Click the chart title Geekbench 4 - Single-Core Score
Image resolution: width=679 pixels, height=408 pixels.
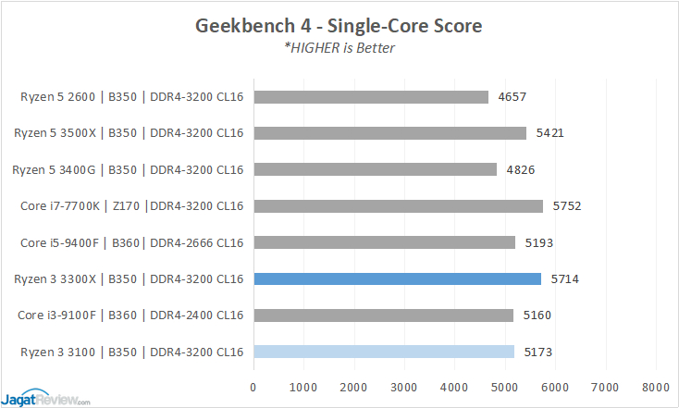[x=339, y=26]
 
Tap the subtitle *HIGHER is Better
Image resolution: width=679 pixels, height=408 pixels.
[x=339, y=48]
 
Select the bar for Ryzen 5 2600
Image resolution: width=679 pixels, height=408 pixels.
[x=370, y=96]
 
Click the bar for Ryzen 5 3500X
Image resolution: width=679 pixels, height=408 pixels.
[x=389, y=133]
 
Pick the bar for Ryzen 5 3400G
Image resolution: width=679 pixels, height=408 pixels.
[x=375, y=169]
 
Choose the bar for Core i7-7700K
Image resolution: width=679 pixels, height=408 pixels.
[x=398, y=206]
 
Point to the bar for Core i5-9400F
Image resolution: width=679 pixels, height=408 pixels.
[x=384, y=242]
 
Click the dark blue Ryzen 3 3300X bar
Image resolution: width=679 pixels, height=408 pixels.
[x=397, y=278]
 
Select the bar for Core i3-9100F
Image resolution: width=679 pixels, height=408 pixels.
[x=383, y=315]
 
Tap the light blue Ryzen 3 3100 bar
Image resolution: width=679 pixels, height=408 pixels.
[x=383, y=352]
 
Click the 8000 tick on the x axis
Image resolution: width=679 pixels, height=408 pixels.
[x=655, y=386]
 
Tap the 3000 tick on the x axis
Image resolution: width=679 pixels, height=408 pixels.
[x=404, y=386]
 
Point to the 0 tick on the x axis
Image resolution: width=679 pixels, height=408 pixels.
[x=253, y=386]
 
